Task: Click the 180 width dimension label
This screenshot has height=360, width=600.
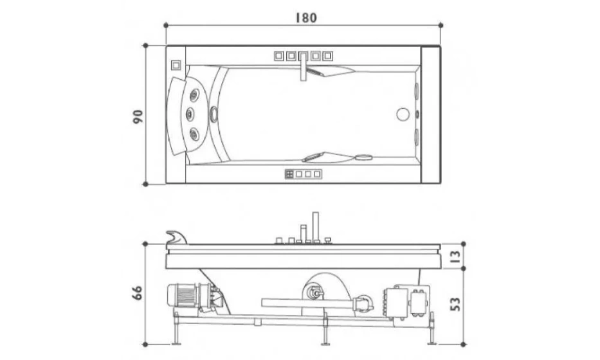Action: click(x=306, y=17)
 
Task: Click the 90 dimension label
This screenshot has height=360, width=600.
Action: click(x=138, y=116)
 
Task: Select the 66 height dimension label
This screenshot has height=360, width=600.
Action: click(x=138, y=292)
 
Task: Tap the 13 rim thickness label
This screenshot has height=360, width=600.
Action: click(x=455, y=256)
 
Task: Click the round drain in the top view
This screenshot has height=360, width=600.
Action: click(x=403, y=114)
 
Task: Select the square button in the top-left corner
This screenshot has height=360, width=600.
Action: click(x=176, y=65)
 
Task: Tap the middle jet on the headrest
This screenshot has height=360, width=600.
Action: click(x=190, y=114)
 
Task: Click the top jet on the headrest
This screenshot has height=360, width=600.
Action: click(x=194, y=94)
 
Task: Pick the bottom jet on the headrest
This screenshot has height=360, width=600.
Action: click(x=194, y=133)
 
